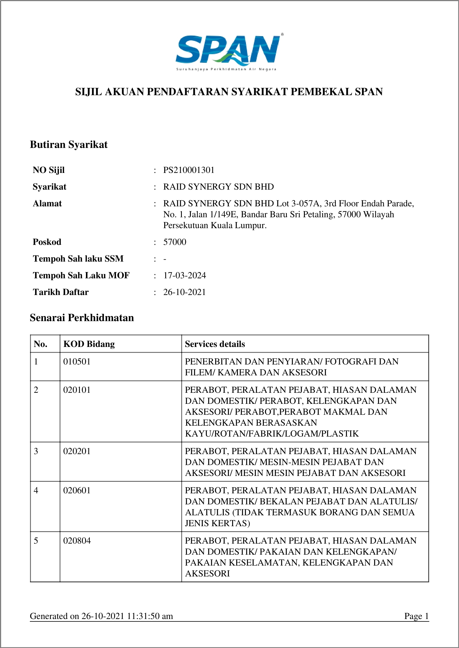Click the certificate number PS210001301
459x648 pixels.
click(x=189, y=170)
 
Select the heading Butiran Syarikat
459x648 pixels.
click(x=69, y=145)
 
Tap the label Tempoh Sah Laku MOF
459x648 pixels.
click(x=81, y=275)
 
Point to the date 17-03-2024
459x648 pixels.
click(x=185, y=275)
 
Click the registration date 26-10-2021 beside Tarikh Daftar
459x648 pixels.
click(x=185, y=292)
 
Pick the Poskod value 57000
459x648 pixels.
click(x=175, y=242)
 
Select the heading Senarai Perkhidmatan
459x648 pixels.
click(x=82, y=318)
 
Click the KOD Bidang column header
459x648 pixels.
click(x=89, y=344)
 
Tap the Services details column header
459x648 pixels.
click(x=215, y=344)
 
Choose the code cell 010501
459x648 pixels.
click(x=77, y=362)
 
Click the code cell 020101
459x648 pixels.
click(x=77, y=390)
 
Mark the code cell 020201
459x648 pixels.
click(x=77, y=451)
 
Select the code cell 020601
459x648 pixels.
click(x=77, y=490)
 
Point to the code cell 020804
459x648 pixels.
click(x=77, y=541)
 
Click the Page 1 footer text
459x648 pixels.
click(x=416, y=616)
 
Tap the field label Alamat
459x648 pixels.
click(x=47, y=204)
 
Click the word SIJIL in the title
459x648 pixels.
click(x=88, y=92)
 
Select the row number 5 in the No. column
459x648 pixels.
click(x=36, y=541)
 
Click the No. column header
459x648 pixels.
click(x=40, y=344)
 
